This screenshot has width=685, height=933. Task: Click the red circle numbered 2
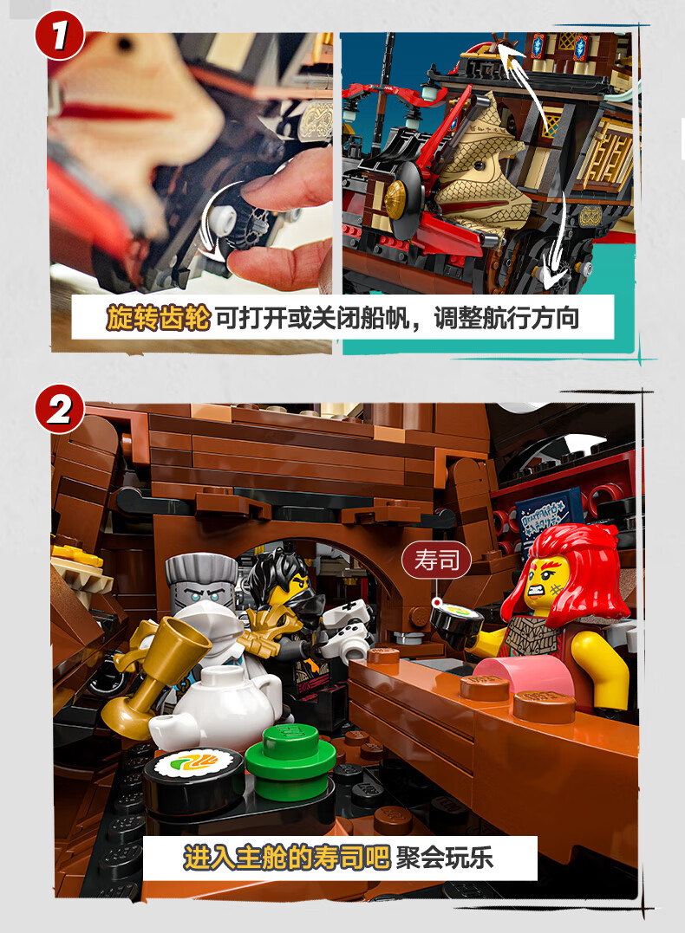click(60, 409)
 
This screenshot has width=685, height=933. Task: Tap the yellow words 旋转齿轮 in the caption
click(159, 318)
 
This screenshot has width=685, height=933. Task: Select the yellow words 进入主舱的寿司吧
click(286, 858)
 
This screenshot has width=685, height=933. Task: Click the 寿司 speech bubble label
click(437, 560)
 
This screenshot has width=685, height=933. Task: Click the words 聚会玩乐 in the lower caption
click(445, 858)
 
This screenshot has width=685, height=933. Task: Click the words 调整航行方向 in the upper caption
click(506, 318)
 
